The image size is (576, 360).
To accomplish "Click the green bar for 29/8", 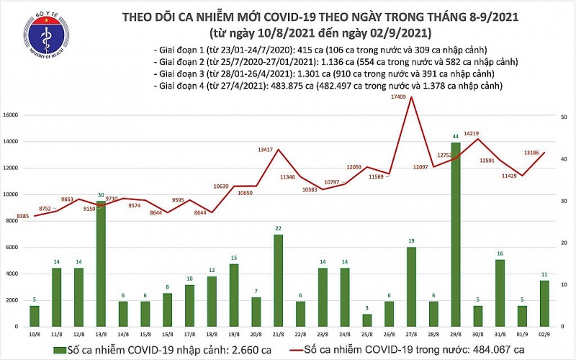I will tap(456, 234).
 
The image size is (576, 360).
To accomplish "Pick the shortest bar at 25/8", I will tap(368, 320).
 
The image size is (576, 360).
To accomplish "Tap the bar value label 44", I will tap(456, 136).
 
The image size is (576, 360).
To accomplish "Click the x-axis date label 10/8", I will tap(34, 334).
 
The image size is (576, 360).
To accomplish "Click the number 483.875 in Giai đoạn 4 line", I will tap(277, 85).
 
